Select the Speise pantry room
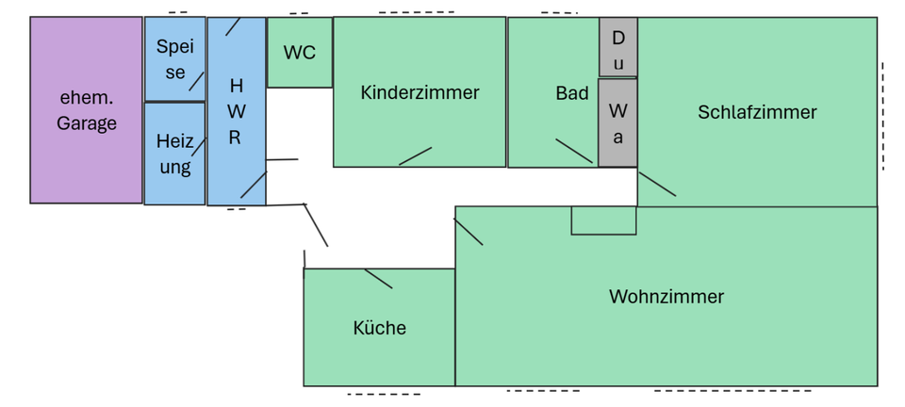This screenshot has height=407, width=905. click(174, 58)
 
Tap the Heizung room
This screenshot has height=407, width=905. click(174, 154)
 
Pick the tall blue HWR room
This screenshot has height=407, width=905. click(236, 111)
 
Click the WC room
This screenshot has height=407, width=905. click(300, 53)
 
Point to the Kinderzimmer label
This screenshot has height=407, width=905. click(420, 92)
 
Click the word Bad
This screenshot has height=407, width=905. click(571, 92)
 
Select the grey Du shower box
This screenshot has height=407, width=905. click(618, 46)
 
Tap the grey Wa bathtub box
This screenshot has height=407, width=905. click(617, 122)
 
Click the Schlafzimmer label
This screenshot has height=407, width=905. click(757, 112)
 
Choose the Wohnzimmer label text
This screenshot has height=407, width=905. click(666, 297)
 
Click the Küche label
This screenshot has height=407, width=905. click(379, 328)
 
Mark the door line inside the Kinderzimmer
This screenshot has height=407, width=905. click(415, 156)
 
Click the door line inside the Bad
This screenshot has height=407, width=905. click(574, 151)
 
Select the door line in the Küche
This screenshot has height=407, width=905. click(378, 278)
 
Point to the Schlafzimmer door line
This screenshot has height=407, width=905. click(657, 184)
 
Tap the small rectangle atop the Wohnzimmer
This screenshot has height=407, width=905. click(603, 220)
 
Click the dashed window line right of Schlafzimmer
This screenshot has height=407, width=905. click(882, 116)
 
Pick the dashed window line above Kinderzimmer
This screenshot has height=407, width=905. click(416, 12)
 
